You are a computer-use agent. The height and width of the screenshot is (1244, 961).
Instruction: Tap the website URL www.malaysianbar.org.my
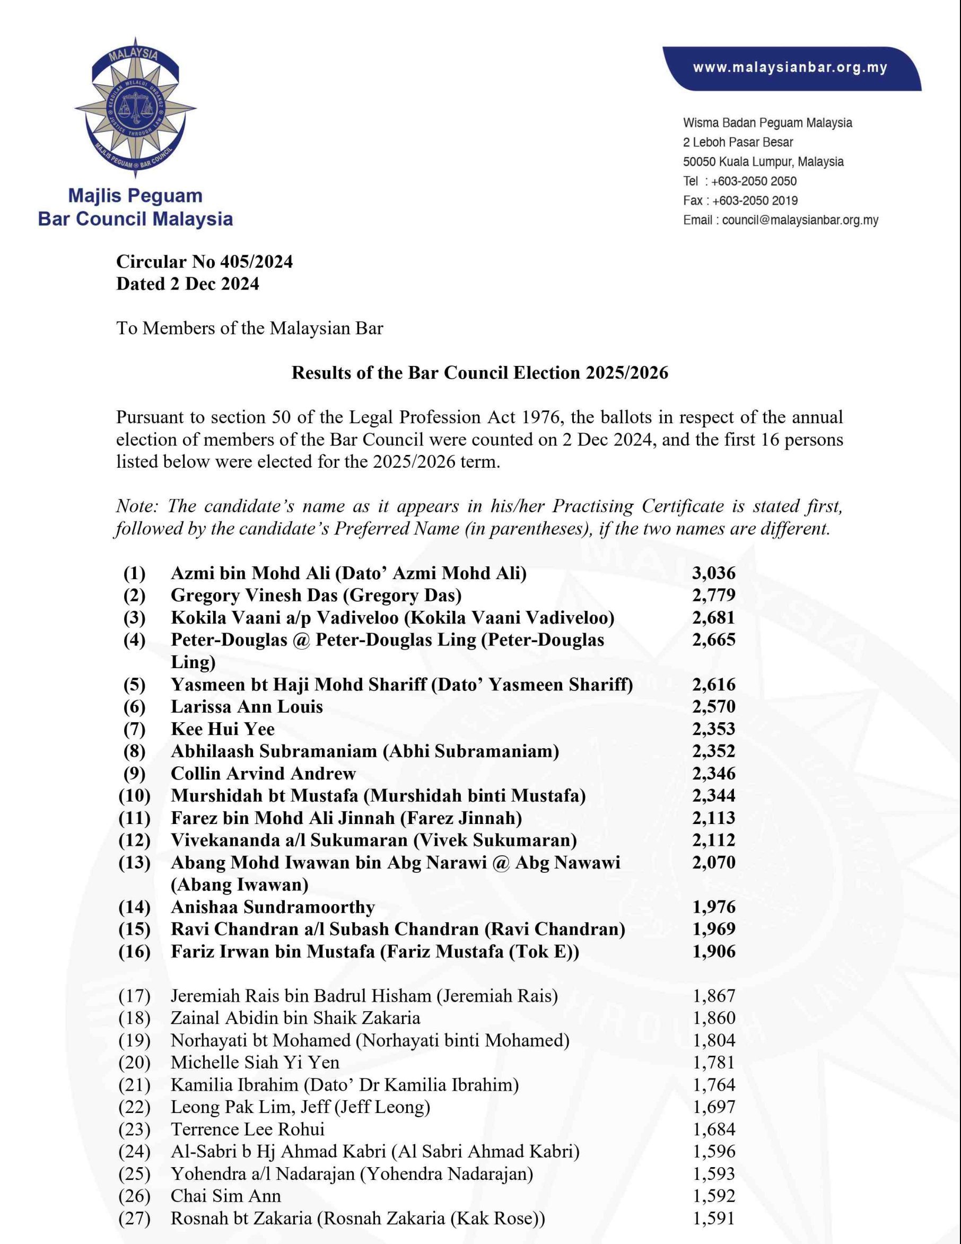(x=790, y=68)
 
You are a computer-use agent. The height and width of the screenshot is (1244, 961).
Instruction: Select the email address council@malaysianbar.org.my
(x=800, y=220)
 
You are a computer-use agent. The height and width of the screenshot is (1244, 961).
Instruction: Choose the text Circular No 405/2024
(x=205, y=261)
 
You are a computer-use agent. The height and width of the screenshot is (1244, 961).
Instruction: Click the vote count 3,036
(x=713, y=573)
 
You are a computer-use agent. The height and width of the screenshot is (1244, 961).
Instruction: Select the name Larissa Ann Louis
(x=247, y=706)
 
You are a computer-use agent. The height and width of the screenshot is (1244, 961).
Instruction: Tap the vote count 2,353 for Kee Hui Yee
(x=713, y=729)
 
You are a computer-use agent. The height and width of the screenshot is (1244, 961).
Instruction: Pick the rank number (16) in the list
(x=134, y=952)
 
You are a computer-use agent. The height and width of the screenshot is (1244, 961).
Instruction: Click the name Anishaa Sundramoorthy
(x=273, y=907)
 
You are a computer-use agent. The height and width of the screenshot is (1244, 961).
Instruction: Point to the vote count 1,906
(x=713, y=952)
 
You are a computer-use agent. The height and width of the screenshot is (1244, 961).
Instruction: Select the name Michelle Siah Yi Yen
(x=255, y=1062)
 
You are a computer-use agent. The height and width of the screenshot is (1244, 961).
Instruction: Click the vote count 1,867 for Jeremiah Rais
(x=714, y=996)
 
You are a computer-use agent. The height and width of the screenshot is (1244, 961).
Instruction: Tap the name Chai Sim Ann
(x=225, y=1196)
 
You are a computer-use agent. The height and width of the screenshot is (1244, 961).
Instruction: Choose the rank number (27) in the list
(x=134, y=1219)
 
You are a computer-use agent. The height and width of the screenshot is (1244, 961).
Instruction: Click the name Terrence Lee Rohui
(x=247, y=1129)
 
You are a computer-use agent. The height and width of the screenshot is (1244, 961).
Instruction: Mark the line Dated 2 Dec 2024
(x=187, y=284)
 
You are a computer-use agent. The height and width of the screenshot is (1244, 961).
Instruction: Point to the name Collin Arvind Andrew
(x=263, y=774)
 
